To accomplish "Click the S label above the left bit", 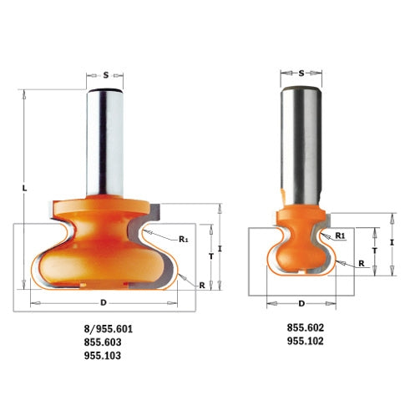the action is pyautogui.click(x=106, y=75).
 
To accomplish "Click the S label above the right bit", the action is pyautogui.click(x=301, y=73).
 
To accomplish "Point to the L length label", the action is pyautogui.click(x=25, y=189).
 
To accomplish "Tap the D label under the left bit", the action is pyautogui.click(x=104, y=302).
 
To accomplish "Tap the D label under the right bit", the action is pyautogui.click(x=301, y=303).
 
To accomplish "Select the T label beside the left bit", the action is pyautogui.click(x=211, y=256).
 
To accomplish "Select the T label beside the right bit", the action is pyautogui.click(x=375, y=251).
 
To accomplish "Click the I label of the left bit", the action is pyautogui.click(x=220, y=249).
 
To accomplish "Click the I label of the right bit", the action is pyautogui.click(x=392, y=242).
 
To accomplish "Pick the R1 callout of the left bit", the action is pyautogui.click(x=183, y=239).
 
